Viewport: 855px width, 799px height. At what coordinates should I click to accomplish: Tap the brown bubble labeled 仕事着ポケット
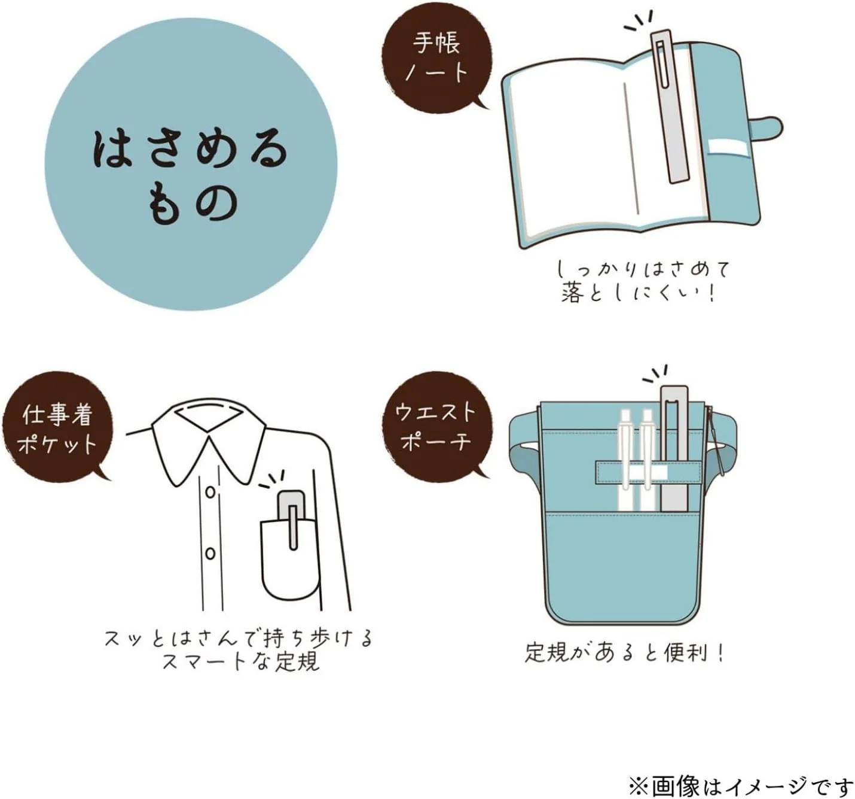click(57, 426)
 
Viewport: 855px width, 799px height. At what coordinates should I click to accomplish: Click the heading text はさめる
click(190, 151)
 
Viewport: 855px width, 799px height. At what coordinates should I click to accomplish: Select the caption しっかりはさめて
click(644, 269)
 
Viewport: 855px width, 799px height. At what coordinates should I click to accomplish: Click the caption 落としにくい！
click(640, 293)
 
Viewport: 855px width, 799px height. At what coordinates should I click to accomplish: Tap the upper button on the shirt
click(210, 492)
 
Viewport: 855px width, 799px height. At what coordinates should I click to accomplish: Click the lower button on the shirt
click(210, 554)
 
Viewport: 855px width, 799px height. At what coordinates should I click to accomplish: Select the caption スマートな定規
click(241, 662)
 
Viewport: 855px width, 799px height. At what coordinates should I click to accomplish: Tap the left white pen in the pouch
click(625, 461)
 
